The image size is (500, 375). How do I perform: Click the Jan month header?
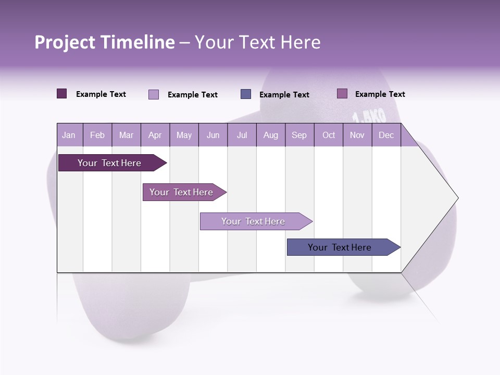click(69, 135)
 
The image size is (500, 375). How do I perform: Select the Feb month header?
click(97, 135)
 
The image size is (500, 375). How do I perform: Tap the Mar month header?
click(126, 135)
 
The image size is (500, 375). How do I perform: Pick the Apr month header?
click(155, 135)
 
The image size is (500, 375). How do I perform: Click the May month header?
click(184, 135)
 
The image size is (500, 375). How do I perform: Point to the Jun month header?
click(213, 135)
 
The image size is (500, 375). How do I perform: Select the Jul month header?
click(242, 135)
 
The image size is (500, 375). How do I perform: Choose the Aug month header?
click(270, 135)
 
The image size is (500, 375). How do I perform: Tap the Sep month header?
click(299, 135)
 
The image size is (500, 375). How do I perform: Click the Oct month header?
click(329, 135)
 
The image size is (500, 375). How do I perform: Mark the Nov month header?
click(357, 135)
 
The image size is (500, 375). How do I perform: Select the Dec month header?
click(386, 135)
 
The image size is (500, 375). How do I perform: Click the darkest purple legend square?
click(61, 94)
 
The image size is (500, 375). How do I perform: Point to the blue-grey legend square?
click(246, 94)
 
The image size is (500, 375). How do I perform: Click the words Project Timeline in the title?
click(104, 42)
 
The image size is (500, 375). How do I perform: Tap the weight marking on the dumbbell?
click(369, 116)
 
